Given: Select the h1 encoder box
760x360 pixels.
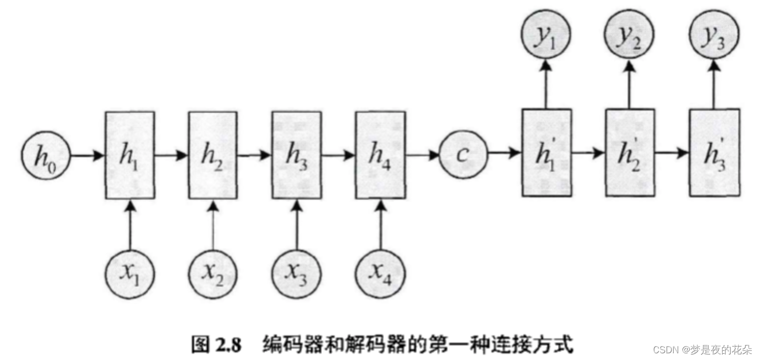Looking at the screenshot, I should tap(130, 155).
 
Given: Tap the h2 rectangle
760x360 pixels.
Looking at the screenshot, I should tap(212, 155).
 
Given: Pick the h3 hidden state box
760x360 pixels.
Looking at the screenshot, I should tap(296, 155).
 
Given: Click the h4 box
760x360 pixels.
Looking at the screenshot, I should tap(381, 155).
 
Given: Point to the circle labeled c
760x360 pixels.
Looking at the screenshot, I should tap(463, 154).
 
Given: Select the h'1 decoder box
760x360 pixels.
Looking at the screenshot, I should tap(546, 153).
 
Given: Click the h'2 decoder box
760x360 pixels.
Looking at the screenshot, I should tap(630, 153).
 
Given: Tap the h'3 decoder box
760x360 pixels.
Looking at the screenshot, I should tap(714, 153).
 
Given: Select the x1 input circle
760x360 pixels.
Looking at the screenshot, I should tap(130, 273).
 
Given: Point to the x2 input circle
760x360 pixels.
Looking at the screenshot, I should tap(212, 273).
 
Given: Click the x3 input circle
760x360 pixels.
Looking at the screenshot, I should tap(296, 273).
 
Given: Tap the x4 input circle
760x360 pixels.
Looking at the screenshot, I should tap(381, 273).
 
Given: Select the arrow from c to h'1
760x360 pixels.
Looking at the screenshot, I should tap(504, 153).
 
